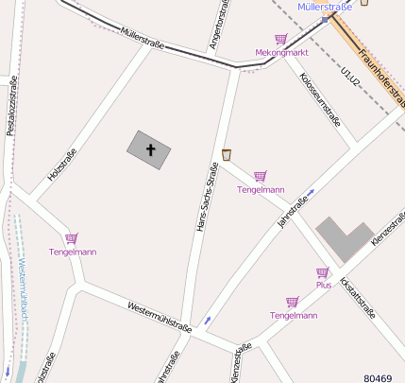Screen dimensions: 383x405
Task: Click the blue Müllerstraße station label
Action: [x=324, y=7]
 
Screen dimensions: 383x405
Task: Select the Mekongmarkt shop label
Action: [x=282, y=53]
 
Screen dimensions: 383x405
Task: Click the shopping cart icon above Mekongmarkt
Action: [x=280, y=40]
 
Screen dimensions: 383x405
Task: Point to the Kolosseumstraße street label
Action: [x=318, y=100]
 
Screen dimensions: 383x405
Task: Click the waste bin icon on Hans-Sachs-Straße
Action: [x=227, y=154]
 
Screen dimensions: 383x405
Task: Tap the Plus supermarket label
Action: [x=323, y=284]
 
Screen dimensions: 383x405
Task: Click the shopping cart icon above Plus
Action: [x=323, y=272]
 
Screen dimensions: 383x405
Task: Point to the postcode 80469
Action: [x=377, y=376]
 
